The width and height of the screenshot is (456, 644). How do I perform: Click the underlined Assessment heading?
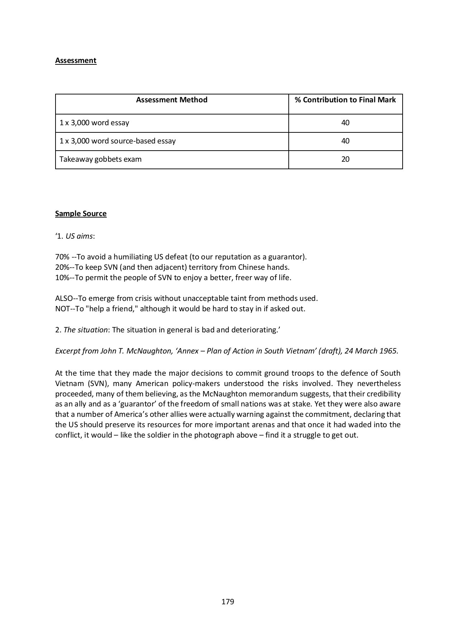click(76, 60)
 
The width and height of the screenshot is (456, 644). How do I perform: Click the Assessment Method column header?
click(172, 100)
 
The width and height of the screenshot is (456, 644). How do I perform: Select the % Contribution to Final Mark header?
click(345, 100)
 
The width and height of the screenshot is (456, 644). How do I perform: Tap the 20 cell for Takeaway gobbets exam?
click(345, 159)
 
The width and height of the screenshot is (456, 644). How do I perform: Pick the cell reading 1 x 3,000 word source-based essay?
click(117, 141)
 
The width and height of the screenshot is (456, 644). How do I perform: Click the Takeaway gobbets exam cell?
click(100, 159)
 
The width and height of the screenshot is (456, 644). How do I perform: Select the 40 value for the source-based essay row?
click(345, 141)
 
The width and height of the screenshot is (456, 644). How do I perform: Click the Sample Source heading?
click(81, 214)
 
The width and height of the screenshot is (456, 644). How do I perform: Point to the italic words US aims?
click(79, 236)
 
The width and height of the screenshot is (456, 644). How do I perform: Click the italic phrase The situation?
click(85, 330)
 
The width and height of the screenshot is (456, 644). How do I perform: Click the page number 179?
click(227, 602)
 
